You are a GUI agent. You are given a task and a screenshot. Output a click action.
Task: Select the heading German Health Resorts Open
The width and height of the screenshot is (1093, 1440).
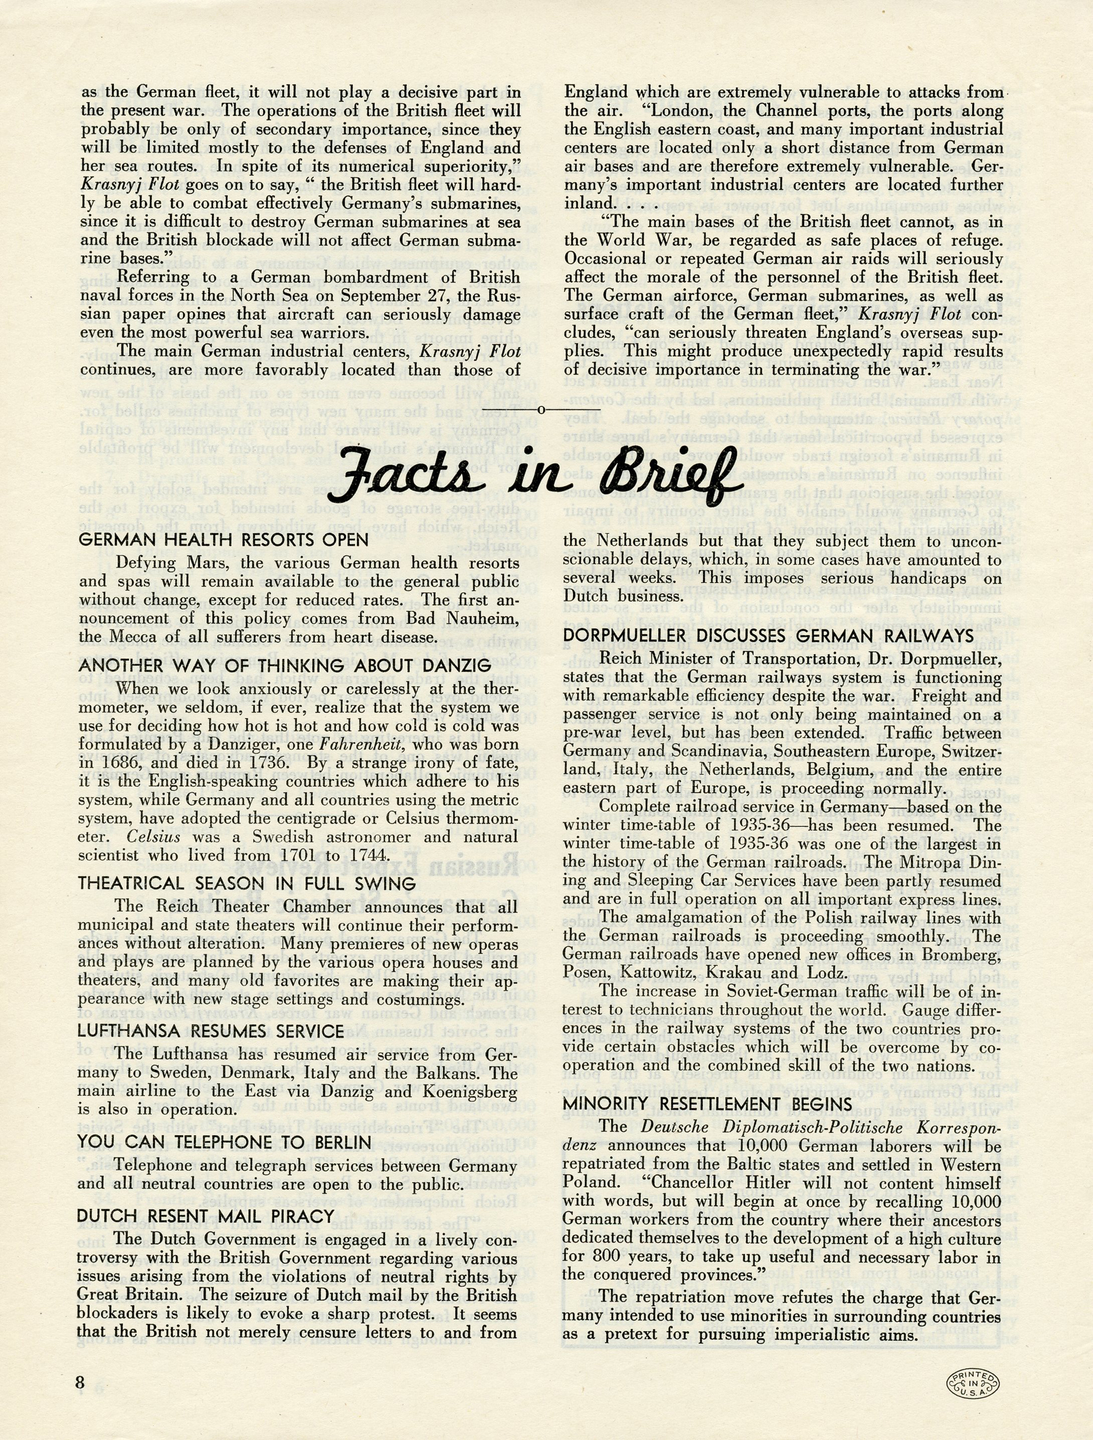224,539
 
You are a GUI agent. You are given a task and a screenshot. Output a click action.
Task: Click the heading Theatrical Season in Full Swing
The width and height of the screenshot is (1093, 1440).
247,883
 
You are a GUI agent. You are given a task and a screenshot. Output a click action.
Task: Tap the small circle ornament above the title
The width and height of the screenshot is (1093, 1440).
540,410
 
